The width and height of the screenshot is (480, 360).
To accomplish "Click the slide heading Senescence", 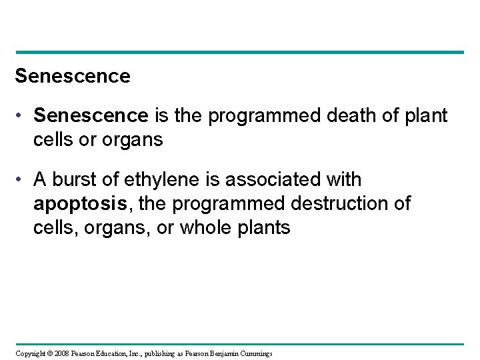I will (73, 77).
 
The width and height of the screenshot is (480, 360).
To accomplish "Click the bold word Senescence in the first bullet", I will (91, 117).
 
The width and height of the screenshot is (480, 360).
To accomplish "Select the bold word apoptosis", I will (76, 204).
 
